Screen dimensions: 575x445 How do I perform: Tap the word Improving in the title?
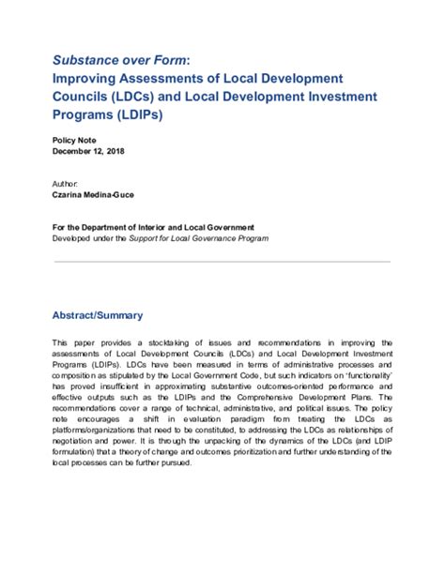[90, 78]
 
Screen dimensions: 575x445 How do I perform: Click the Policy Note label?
[74, 139]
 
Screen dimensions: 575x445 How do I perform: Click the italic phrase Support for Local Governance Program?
[211, 239]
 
